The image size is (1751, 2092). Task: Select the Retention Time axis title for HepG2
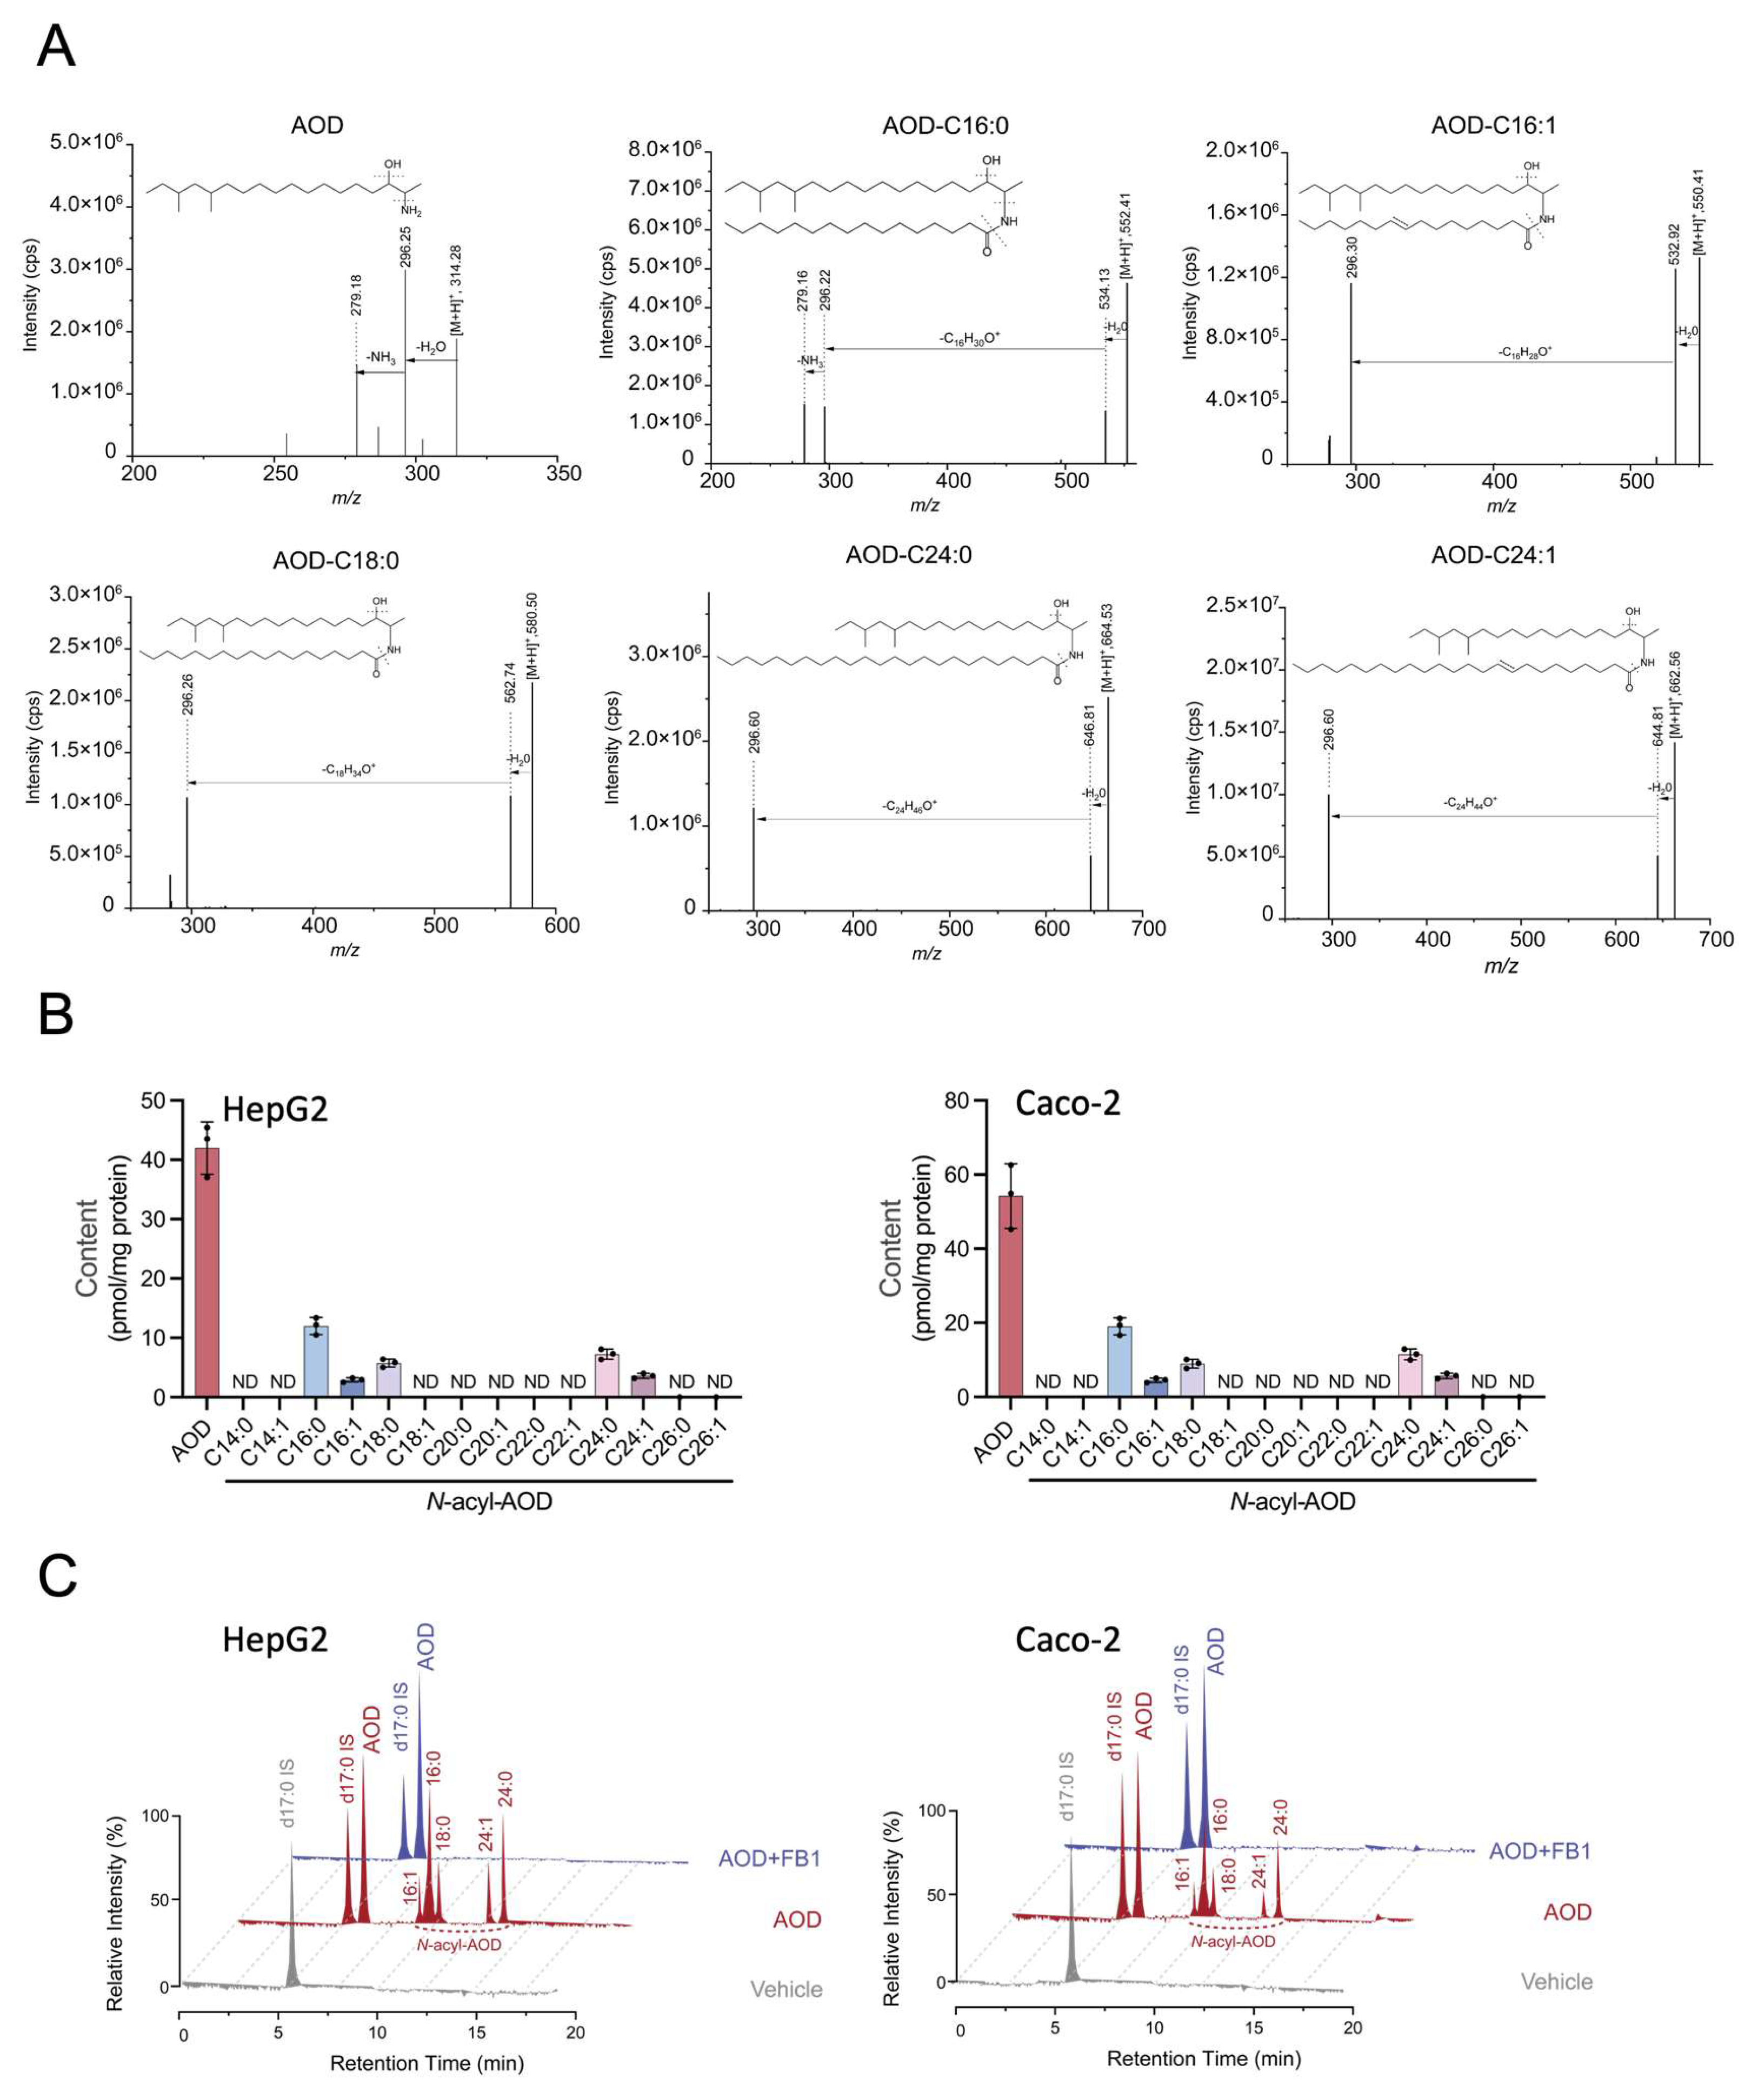click(427, 2062)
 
